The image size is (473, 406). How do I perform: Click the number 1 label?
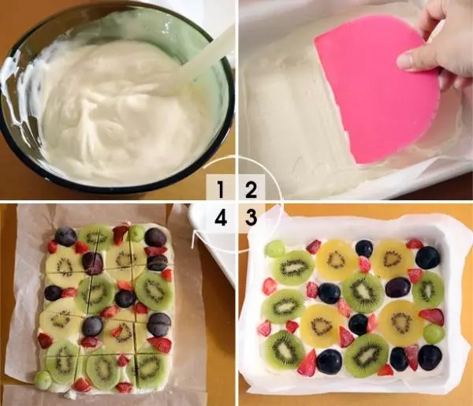221,189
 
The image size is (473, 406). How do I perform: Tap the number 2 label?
251,189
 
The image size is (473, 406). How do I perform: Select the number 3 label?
251,217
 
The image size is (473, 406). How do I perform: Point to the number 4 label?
221,217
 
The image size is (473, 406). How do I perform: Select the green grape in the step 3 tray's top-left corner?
275,248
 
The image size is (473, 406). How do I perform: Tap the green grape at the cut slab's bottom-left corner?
43,380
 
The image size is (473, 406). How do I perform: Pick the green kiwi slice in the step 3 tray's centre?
363,292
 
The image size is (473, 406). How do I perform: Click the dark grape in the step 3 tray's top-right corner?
428,257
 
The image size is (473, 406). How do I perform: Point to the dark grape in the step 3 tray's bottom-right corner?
430,357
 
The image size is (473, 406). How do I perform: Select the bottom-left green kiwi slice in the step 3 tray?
285,350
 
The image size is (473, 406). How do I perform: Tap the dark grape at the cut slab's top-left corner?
65,237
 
